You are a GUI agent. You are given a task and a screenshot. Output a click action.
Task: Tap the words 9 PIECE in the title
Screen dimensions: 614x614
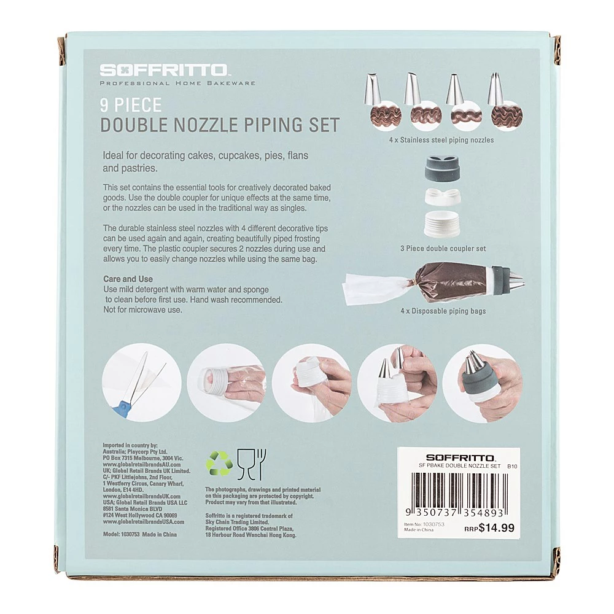click(131, 105)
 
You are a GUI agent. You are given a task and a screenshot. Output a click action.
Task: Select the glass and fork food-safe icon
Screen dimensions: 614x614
click(251, 464)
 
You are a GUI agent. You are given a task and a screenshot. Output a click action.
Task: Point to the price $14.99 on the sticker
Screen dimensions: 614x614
click(496, 528)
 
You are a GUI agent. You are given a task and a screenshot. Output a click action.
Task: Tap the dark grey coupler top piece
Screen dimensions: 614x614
click(443, 168)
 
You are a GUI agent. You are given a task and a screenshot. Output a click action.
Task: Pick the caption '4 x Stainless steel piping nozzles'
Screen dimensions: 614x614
click(441, 140)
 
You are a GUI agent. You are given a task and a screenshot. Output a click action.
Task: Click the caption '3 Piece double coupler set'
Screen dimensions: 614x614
click(443, 248)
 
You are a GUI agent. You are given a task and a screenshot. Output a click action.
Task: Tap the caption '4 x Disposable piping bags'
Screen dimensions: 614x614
click(443, 311)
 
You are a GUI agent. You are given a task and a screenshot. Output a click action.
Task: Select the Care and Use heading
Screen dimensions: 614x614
click(128, 279)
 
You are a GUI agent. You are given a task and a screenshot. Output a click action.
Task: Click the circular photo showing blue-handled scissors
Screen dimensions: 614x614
click(142, 383)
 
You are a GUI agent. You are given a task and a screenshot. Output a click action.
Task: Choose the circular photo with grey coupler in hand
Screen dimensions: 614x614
click(482, 383)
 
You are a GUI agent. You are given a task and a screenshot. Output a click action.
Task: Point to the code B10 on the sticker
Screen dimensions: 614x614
click(512, 466)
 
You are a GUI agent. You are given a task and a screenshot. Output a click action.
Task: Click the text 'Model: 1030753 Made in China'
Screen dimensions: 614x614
click(140, 534)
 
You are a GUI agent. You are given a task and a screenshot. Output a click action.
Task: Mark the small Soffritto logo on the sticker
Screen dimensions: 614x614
click(460, 458)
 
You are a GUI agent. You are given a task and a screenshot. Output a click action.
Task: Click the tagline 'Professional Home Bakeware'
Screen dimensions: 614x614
click(177, 83)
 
